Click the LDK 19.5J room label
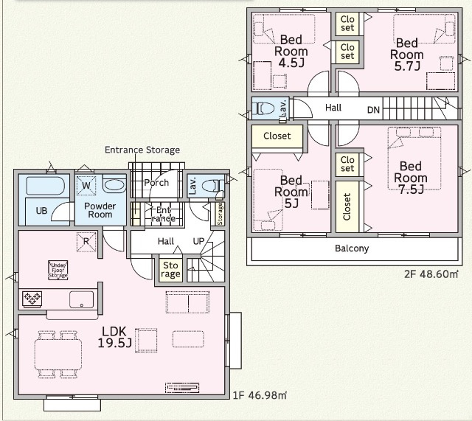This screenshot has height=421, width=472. click(x=115, y=337)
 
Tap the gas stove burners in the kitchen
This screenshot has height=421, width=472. click(x=32, y=299)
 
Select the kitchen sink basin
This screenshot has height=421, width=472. click(x=82, y=299)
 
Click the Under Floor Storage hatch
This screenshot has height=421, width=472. click(x=58, y=271)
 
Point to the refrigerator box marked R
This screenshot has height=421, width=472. click(x=86, y=242)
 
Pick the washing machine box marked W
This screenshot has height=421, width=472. click(x=86, y=185)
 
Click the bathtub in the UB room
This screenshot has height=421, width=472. click(x=46, y=186)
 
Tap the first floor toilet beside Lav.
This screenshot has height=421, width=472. click(x=212, y=186)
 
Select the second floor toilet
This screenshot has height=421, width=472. click(x=263, y=108)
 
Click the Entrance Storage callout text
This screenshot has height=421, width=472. click(x=142, y=150)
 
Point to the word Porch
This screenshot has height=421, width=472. click(x=156, y=183)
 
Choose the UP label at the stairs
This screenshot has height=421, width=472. click(x=198, y=241)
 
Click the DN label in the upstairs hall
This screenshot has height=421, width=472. click(x=374, y=110)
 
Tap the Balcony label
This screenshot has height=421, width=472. click(x=352, y=248)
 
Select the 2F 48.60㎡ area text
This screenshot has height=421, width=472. click(x=431, y=274)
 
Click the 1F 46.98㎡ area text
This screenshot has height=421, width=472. click(x=260, y=395)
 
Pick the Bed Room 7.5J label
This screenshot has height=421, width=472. click(x=411, y=178)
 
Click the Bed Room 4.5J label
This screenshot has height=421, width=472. click(x=291, y=51)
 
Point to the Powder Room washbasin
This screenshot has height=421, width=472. click(x=114, y=184)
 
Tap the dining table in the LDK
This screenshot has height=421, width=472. click(x=58, y=355)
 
